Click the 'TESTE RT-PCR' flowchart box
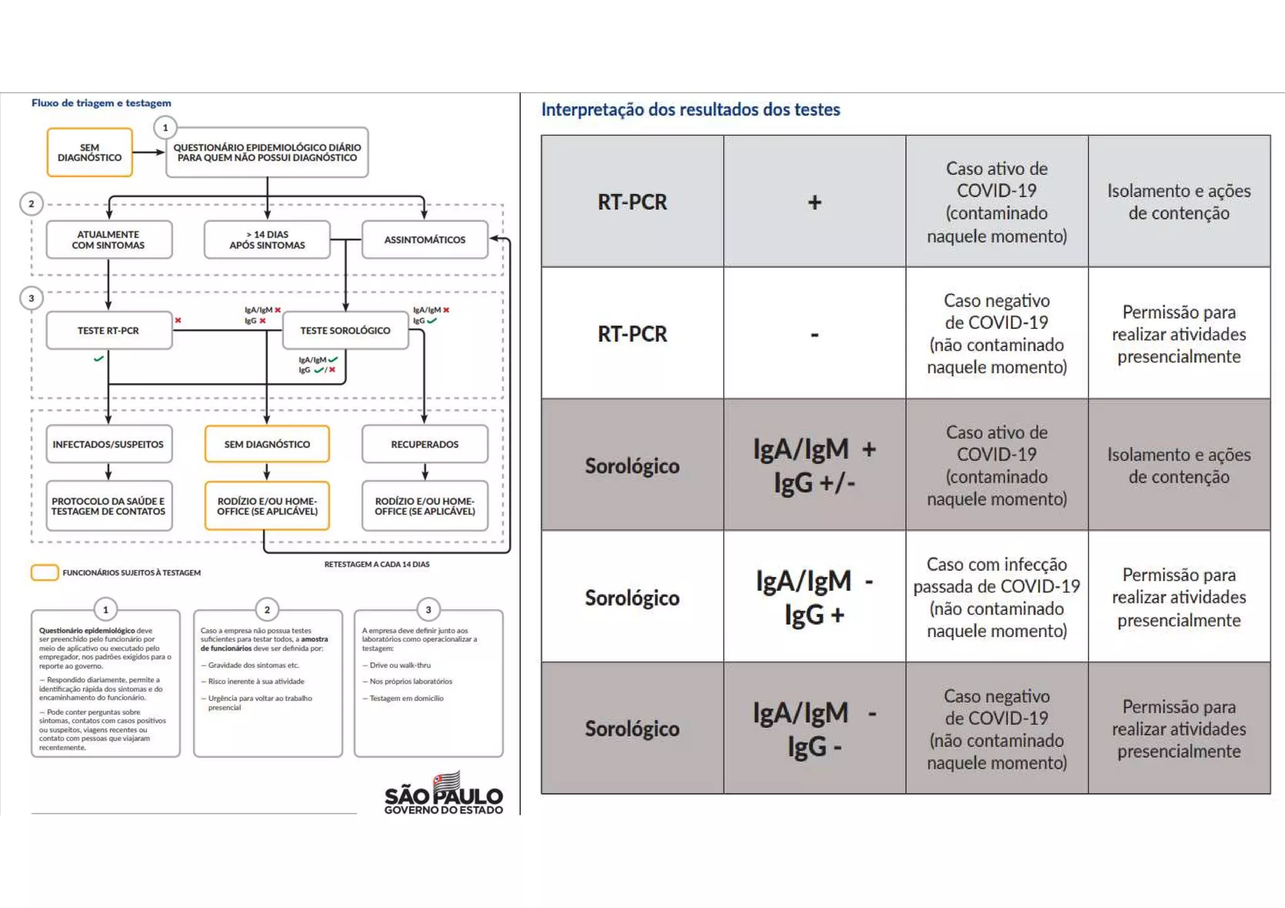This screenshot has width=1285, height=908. tap(109, 330)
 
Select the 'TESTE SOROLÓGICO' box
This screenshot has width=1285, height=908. tap(345, 330)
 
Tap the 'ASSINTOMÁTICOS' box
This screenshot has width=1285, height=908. tap(425, 240)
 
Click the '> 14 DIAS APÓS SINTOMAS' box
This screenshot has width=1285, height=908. tap(267, 240)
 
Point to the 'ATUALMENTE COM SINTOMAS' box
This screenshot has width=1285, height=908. tap(109, 240)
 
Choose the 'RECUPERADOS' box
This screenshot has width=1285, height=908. tap(425, 444)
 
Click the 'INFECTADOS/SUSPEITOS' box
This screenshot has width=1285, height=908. tap(109, 444)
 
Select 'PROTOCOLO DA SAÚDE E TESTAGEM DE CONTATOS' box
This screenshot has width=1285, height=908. tap(109, 506)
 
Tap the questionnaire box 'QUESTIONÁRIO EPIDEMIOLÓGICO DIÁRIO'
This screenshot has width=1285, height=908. tap(267, 152)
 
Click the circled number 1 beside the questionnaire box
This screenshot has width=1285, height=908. tap(165, 128)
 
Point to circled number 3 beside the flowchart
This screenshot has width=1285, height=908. tap(31, 298)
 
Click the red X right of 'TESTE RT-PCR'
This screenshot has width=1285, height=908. tap(178, 320)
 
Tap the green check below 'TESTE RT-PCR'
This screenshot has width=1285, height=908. tap(99, 359)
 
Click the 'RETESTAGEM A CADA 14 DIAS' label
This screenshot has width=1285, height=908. tap(376, 564)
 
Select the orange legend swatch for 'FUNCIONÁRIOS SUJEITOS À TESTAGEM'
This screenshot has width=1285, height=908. tap(45, 573)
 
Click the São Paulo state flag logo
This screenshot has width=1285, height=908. tap(447, 782)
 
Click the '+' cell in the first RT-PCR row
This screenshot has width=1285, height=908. tap(814, 202)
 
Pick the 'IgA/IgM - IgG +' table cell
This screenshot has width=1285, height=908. tap(814, 597)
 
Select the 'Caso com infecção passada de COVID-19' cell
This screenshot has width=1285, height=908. tap(996, 597)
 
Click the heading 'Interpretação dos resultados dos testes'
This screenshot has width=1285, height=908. tap(690, 110)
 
